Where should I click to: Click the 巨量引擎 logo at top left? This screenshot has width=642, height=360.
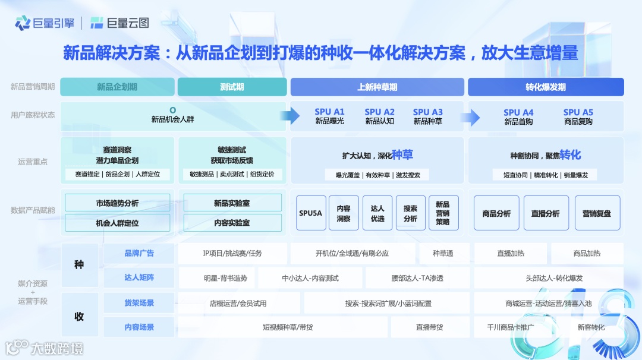click(45, 23)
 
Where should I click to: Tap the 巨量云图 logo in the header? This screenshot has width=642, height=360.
click(119, 23)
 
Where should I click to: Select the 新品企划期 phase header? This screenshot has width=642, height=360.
click(117, 87)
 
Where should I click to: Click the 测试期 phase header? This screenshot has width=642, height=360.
click(232, 87)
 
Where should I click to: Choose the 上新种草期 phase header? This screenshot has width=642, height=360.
click(377, 87)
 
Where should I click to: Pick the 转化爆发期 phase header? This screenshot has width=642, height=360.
click(546, 87)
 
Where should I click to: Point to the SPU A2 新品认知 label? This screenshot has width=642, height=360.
click(380, 116)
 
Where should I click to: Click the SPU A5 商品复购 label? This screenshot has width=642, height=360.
click(578, 116)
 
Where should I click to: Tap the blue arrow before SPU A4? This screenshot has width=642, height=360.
click(474, 117)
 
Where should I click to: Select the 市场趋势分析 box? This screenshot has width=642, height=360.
click(118, 203)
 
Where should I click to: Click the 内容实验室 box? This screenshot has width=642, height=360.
click(232, 223)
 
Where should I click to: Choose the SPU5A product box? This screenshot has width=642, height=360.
click(311, 213)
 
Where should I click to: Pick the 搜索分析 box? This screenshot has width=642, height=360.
click(410, 213)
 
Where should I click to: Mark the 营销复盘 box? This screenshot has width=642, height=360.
click(596, 213)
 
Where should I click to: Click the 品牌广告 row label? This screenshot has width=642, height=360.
click(139, 253)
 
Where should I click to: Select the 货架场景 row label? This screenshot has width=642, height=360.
click(139, 303)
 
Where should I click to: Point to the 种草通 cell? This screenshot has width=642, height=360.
click(443, 253)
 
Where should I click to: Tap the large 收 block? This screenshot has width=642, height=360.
click(79, 315)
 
